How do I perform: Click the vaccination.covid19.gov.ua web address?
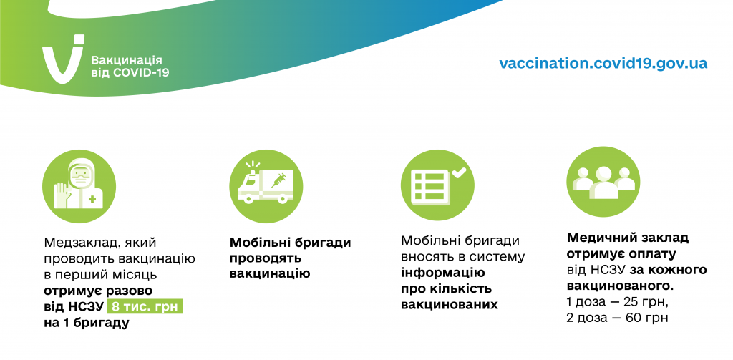603,63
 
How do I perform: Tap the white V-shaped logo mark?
63,59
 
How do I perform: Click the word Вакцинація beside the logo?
127,60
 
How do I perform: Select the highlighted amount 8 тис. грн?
145,307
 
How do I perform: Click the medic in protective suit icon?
79,185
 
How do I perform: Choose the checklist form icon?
437,185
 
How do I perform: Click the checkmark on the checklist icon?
459,172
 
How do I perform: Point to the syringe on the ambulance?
278,180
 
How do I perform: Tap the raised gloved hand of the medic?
62,195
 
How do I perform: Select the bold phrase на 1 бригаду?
87,323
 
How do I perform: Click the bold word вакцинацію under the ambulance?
270,274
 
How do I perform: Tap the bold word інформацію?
443,273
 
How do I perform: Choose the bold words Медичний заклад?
628,238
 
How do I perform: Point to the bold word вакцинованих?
450,305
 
